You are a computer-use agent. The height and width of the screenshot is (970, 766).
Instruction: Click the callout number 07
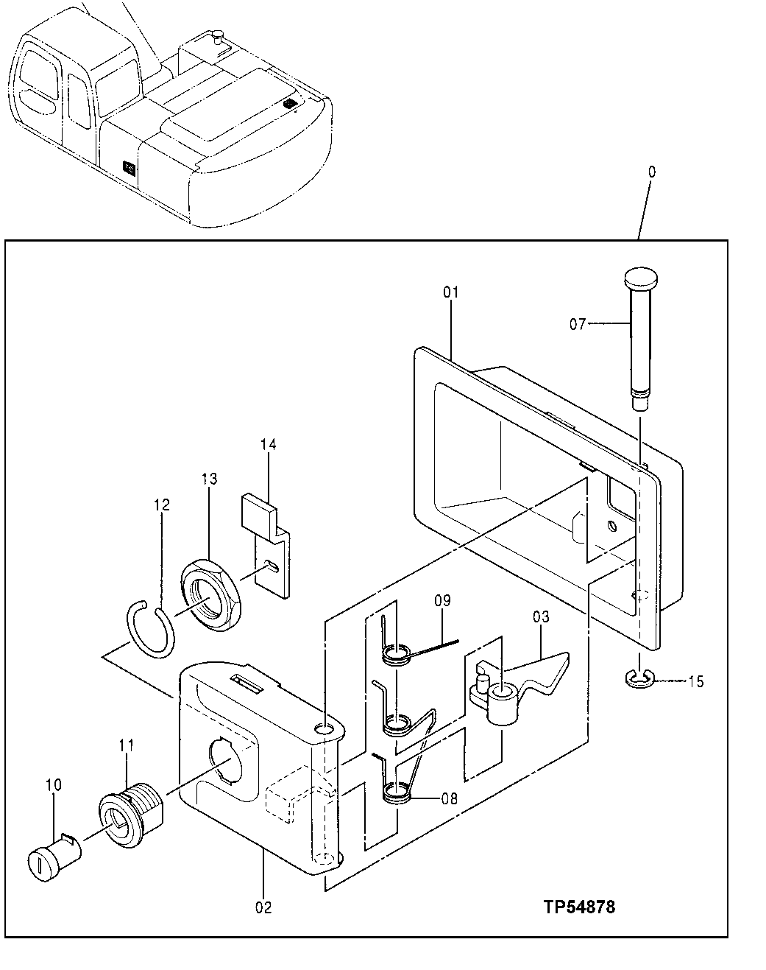[578, 323]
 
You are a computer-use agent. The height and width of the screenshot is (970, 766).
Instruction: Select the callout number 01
[450, 292]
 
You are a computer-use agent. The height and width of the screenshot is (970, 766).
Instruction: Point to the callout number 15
[695, 681]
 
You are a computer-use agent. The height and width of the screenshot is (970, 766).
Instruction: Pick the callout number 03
[541, 616]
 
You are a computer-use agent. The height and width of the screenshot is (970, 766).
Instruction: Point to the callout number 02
[263, 907]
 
